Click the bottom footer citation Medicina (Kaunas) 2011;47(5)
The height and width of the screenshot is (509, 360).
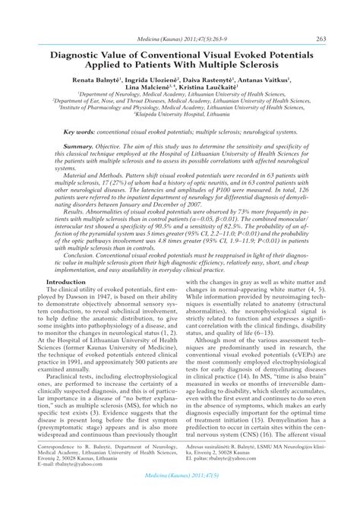180,495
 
